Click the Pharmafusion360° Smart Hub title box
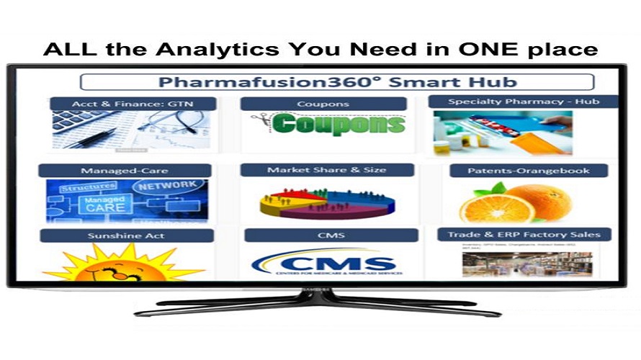pyautogui.click(x=336, y=81)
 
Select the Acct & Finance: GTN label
pyautogui.click(x=133, y=104)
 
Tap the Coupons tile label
pyautogui.click(x=323, y=104)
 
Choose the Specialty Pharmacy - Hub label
pyautogui.click(x=523, y=102)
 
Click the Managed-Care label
pyautogui.click(x=125, y=171)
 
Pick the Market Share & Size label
pyautogui.click(x=327, y=170)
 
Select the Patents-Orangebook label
pyautogui.click(x=529, y=171)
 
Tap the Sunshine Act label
pyautogui.click(x=126, y=235)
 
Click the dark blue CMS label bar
pyautogui.click(x=331, y=235)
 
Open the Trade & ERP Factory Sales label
pyautogui.click(x=524, y=234)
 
